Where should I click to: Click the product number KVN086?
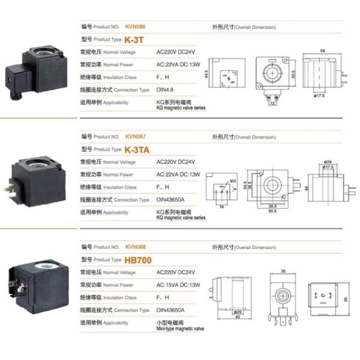pyautogui.click(x=136, y=27)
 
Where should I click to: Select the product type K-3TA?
pyautogui.click(x=139, y=149)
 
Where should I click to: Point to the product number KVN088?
pyautogui.click(x=136, y=247)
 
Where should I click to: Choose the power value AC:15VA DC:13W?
pyautogui.click(x=178, y=285)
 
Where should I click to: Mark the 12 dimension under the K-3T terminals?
pyautogui.click(x=272, y=103)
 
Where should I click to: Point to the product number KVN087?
pyautogui.click(x=136, y=137)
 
